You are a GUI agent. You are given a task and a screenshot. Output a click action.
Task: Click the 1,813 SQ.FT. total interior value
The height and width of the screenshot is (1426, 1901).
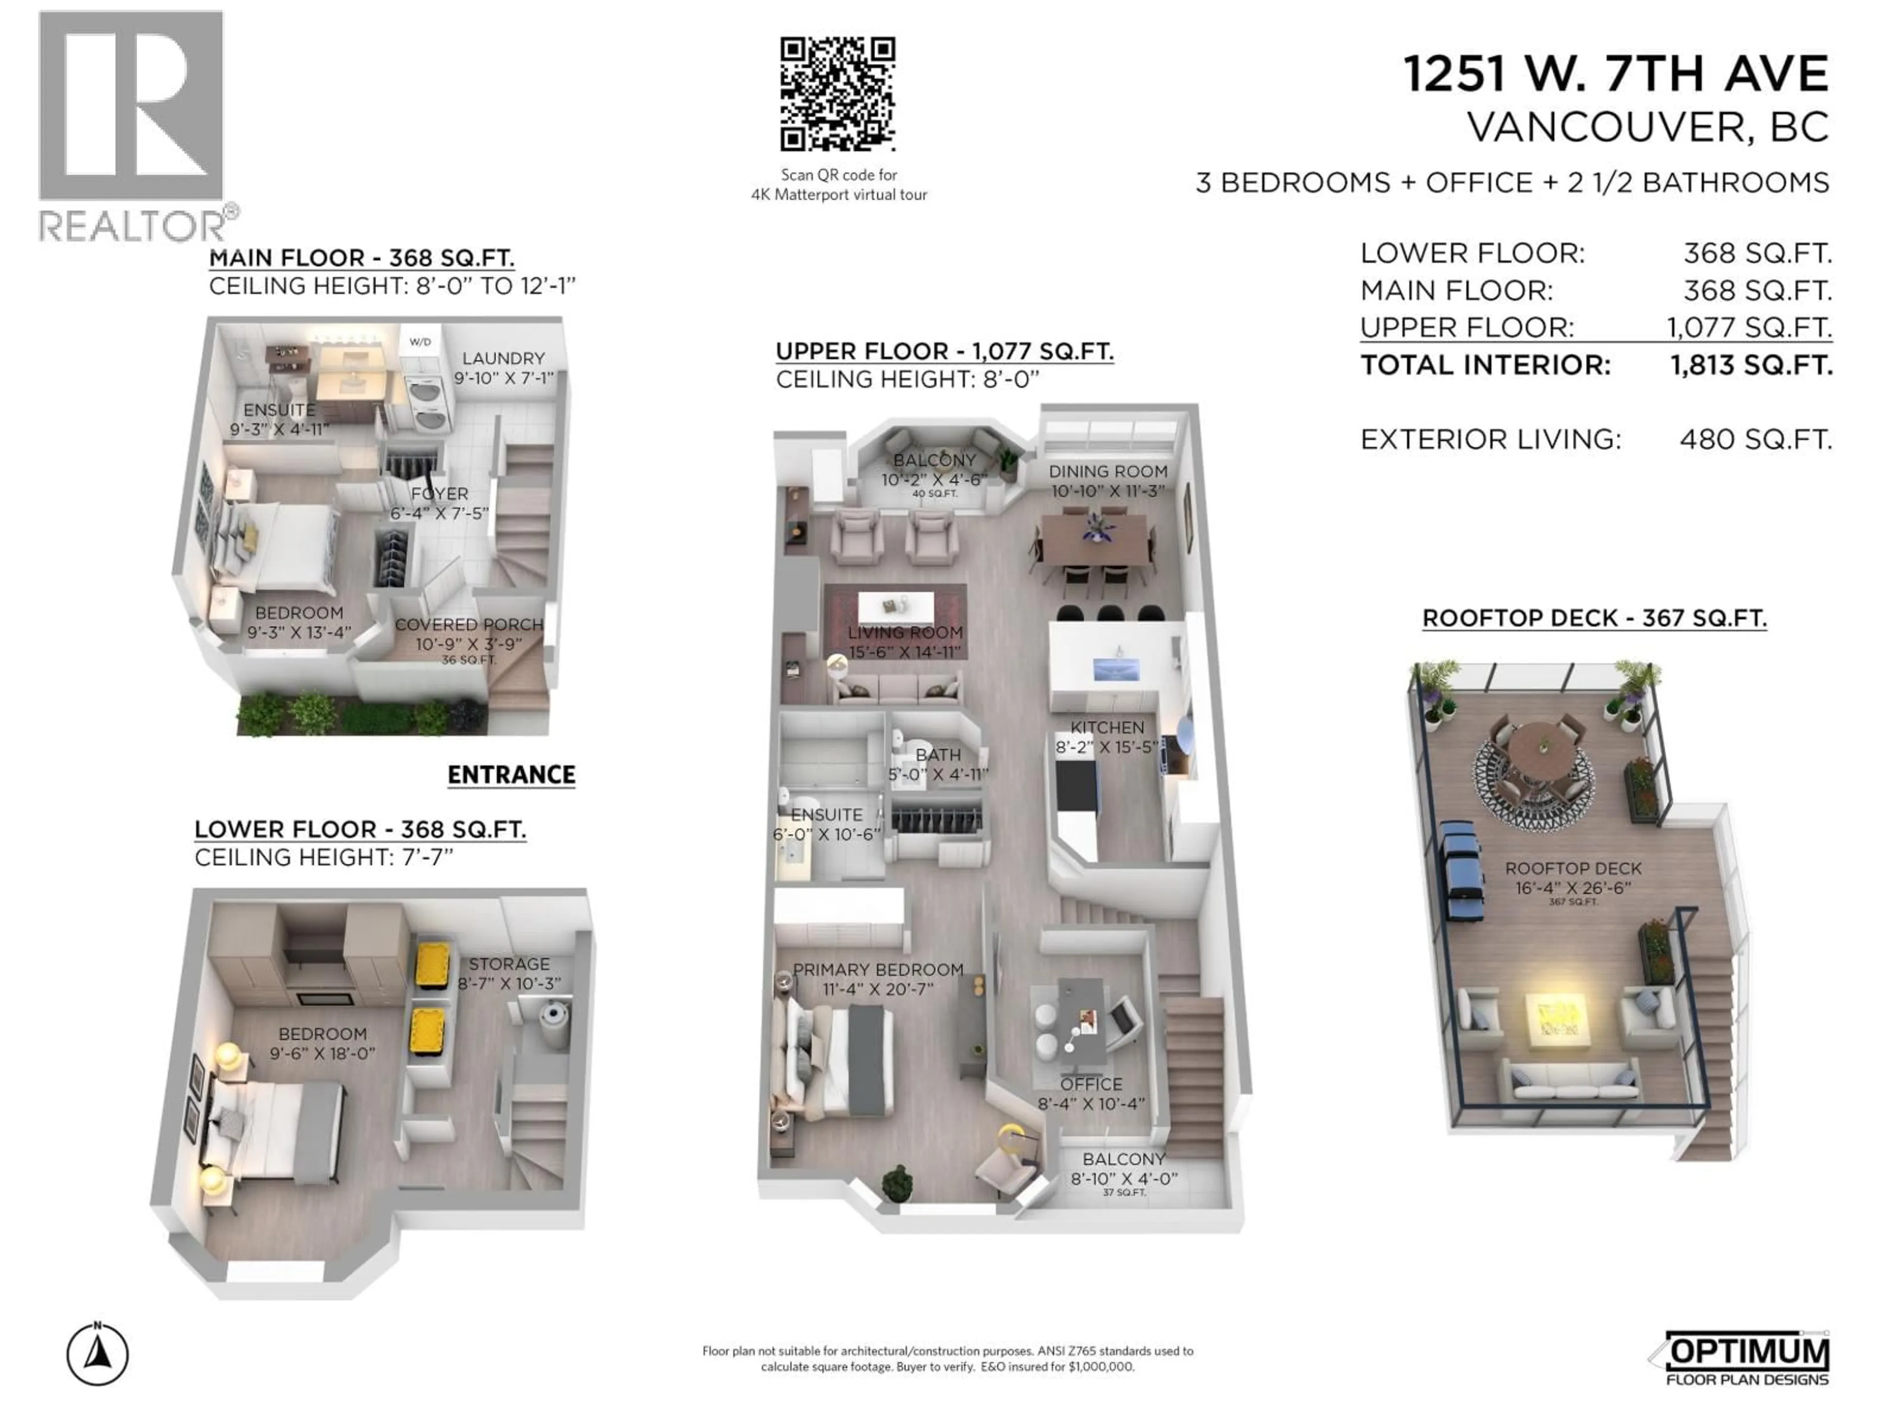[x=1751, y=365]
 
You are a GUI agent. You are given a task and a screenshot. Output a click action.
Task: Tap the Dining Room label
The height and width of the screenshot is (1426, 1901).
[x=1108, y=471]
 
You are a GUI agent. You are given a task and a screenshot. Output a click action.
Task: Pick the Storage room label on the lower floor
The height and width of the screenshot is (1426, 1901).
[x=509, y=964]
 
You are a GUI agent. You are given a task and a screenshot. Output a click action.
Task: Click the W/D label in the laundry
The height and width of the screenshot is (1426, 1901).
[x=420, y=342]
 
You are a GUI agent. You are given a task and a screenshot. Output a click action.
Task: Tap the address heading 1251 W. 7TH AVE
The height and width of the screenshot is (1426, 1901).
[x=1616, y=74]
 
